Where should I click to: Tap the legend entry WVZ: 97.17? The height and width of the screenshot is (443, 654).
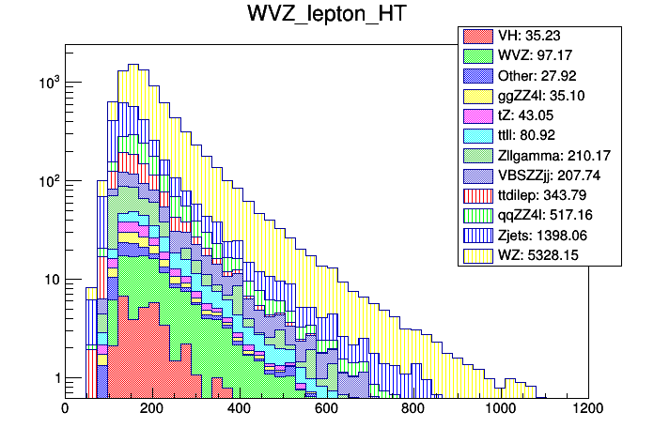point(532,55)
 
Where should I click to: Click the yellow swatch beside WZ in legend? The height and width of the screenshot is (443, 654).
point(476,253)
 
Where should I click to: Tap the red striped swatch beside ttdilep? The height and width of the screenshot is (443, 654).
point(476,195)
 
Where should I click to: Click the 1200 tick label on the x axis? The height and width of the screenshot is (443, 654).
point(588,408)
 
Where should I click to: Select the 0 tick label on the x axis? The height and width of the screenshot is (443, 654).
point(65,408)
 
